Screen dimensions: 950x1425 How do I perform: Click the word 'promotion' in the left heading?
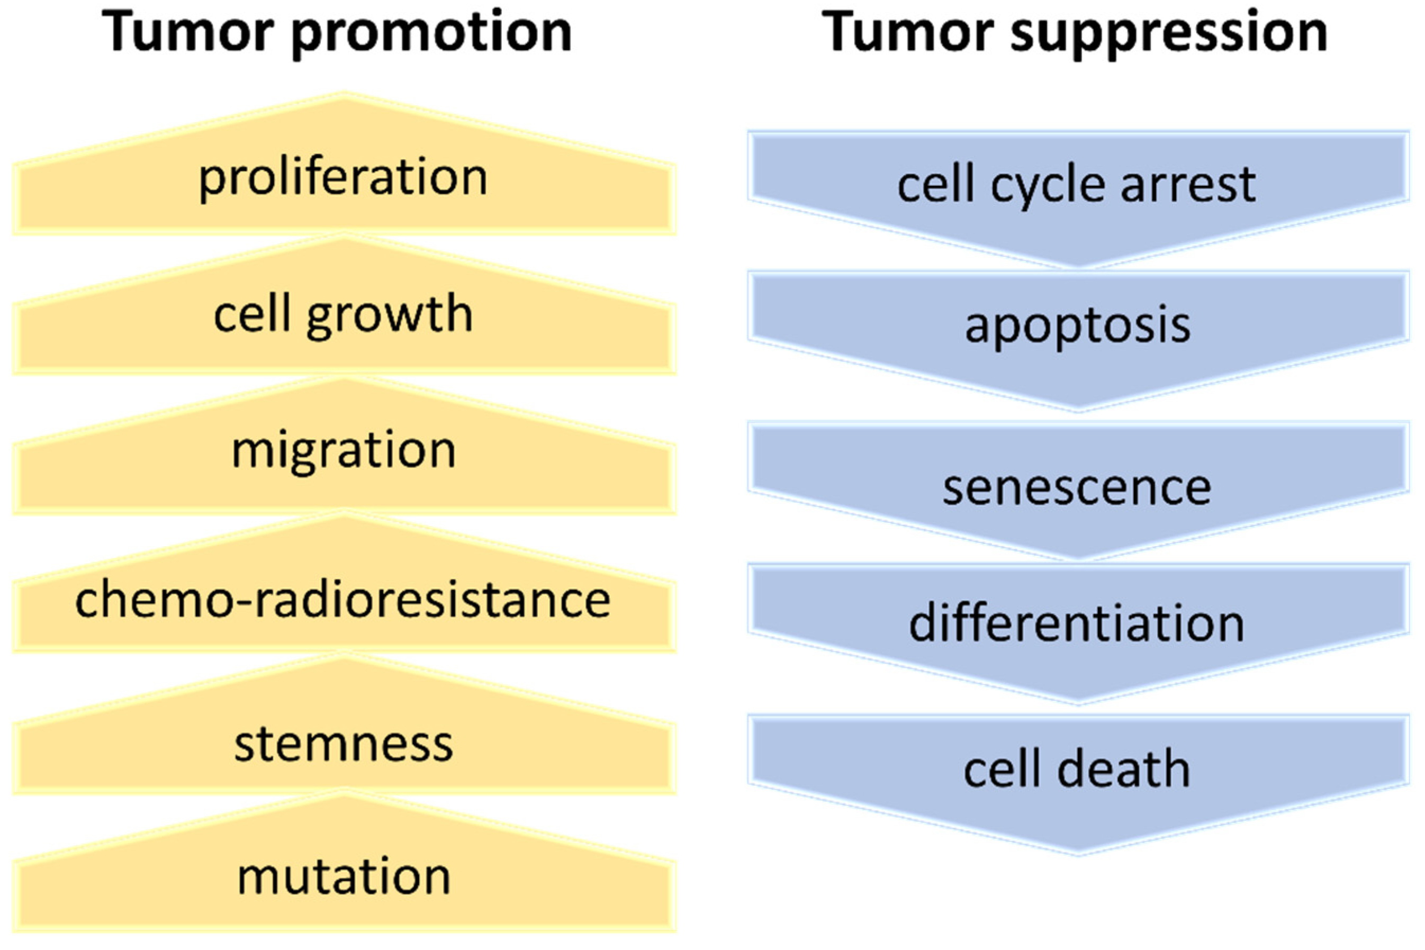(432, 33)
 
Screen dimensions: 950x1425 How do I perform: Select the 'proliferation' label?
(343, 178)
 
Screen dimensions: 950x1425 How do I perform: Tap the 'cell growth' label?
(343, 315)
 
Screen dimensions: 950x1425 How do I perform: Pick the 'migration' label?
(343, 451)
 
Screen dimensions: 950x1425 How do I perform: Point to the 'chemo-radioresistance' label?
(343, 600)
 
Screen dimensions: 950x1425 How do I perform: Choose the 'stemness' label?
(343, 744)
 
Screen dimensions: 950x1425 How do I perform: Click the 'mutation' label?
(343, 877)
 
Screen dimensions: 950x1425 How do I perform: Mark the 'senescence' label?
(1077, 488)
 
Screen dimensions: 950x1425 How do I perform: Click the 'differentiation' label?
(1077, 624)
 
